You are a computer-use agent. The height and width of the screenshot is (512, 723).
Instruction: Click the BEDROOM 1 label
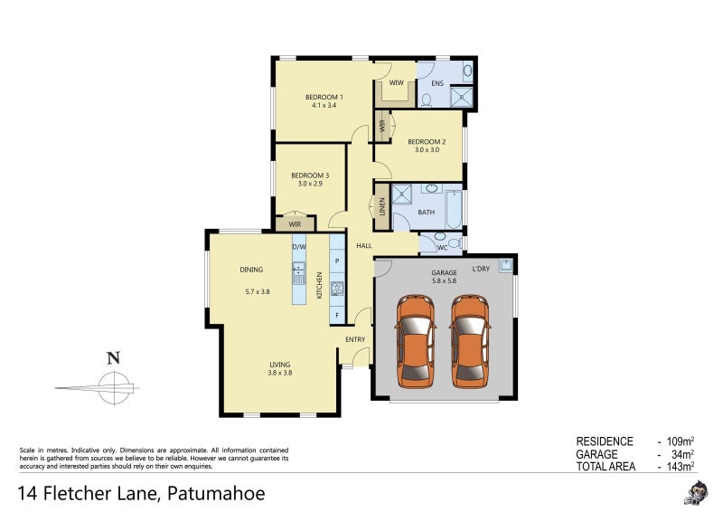pos(324,97)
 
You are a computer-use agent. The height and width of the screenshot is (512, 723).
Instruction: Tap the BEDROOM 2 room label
pos(426,141)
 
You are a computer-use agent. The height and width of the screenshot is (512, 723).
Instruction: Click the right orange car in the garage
pos(470,341)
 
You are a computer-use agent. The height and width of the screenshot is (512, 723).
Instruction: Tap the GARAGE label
pos(444,272)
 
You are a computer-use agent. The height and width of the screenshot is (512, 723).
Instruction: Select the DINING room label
pos(251,270)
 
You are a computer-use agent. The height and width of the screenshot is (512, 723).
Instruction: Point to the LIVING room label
pos(278,365)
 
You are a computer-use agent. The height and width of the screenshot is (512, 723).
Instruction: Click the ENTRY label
pos(355,339)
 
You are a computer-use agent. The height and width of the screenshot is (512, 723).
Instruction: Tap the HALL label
pos(364,245)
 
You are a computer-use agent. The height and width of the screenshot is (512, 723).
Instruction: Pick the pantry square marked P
pos(337,261)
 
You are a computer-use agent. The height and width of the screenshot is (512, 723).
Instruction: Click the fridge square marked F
pos(337,316)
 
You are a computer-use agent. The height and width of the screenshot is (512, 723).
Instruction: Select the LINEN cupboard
pos(382,207)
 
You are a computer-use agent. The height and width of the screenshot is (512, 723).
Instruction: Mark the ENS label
pos(437,84)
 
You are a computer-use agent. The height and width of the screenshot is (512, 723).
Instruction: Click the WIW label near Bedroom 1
pos(396,83)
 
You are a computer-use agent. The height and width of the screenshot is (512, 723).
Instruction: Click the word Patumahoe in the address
pos(214,494)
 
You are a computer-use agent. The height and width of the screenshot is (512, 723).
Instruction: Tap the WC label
pos(442,245)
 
